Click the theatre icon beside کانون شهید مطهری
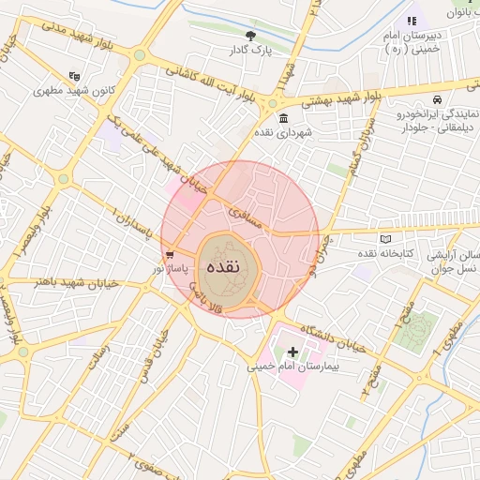(x=74, y=76)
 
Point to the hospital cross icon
(x=293, y=352)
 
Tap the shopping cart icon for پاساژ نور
(x=169, y=254)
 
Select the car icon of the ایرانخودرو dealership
(x=437, y=99)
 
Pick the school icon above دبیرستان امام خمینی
(x=411, y=20)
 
